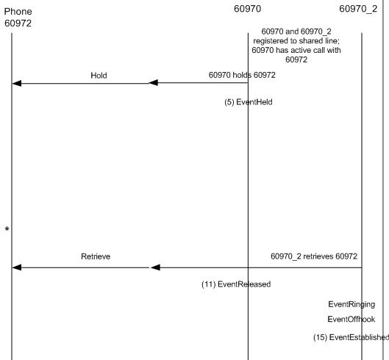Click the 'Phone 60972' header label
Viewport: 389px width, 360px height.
(18, 18)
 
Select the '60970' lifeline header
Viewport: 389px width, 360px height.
(247, 9)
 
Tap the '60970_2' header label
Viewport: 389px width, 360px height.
(358, 9)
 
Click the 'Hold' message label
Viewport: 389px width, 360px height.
(99, 76)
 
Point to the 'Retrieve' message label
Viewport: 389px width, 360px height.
(96, 256)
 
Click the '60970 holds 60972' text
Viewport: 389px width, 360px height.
(242, 75)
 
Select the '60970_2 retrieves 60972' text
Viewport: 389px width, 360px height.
(314, 256)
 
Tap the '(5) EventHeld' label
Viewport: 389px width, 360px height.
(249, 102)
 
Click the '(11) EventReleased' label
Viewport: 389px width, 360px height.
(236, 284)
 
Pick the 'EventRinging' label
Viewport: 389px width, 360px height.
(351, 304)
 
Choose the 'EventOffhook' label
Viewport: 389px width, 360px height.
(351, 319)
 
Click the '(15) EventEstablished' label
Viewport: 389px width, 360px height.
(351, 337)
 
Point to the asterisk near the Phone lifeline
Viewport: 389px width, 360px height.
(7, 229)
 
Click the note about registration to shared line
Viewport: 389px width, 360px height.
(296, 46)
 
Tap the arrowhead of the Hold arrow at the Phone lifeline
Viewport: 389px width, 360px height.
(17, 84)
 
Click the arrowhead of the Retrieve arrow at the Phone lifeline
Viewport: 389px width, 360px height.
(17, 267)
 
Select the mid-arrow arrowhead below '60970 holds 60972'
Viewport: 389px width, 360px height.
(153, 83)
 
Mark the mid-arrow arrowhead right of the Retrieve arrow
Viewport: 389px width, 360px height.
(155, 267)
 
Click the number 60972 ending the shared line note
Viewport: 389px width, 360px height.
(296, 60)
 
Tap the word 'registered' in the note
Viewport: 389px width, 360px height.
(271, 41)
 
